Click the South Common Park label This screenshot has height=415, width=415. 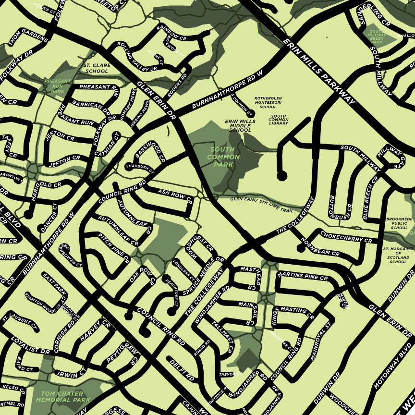click(x=224, y=157)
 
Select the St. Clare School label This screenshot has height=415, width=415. click(x=97, y=68)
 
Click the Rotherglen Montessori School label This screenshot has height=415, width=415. click(x=268, y=102)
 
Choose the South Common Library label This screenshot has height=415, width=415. click(x=279, y=120)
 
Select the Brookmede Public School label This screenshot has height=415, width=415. click(x=399, y=223)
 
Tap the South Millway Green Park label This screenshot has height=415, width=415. click(x=377, y=37)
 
